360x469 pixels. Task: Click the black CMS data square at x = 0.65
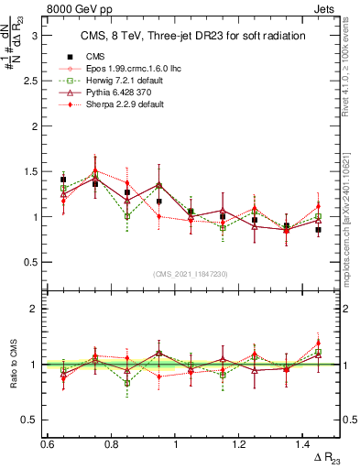(63, 180)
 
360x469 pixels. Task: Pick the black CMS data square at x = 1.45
(318, 230)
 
